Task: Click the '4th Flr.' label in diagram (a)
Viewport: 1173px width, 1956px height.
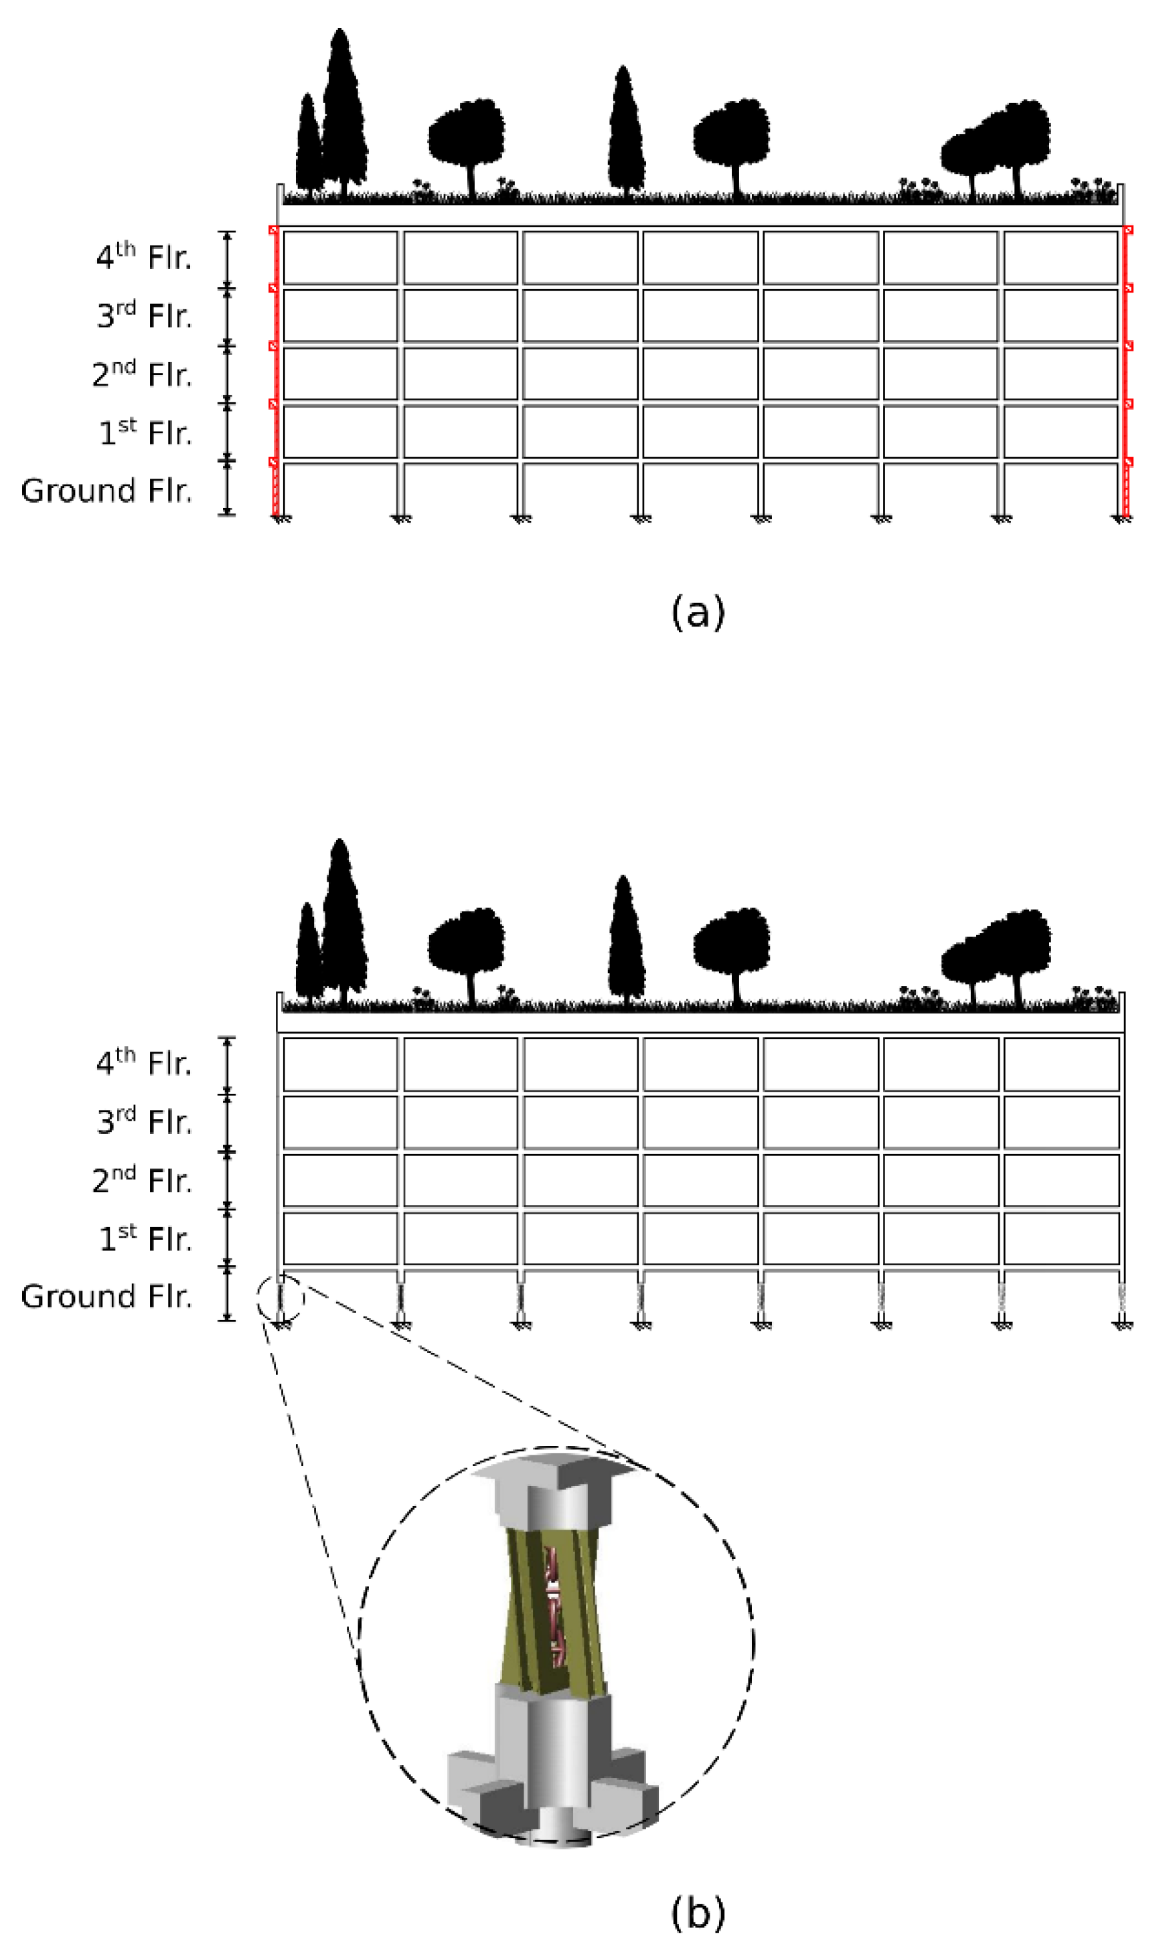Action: click(x=143, y=258)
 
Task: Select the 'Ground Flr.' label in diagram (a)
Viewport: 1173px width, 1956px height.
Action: click(x=106, y=491)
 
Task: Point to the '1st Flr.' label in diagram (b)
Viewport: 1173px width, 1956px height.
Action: click(x=145, y=1238)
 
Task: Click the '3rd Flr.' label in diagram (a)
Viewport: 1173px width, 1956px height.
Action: click(x=144, y=316)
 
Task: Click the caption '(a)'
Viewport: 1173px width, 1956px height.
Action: click(x=697, y=613)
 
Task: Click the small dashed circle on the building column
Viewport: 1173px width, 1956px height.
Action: click(x=281, y=1298)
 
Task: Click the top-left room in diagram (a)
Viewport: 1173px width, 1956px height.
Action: click(x=341, y=258)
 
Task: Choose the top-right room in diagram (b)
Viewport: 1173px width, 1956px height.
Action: click(x=1061, y=1064)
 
